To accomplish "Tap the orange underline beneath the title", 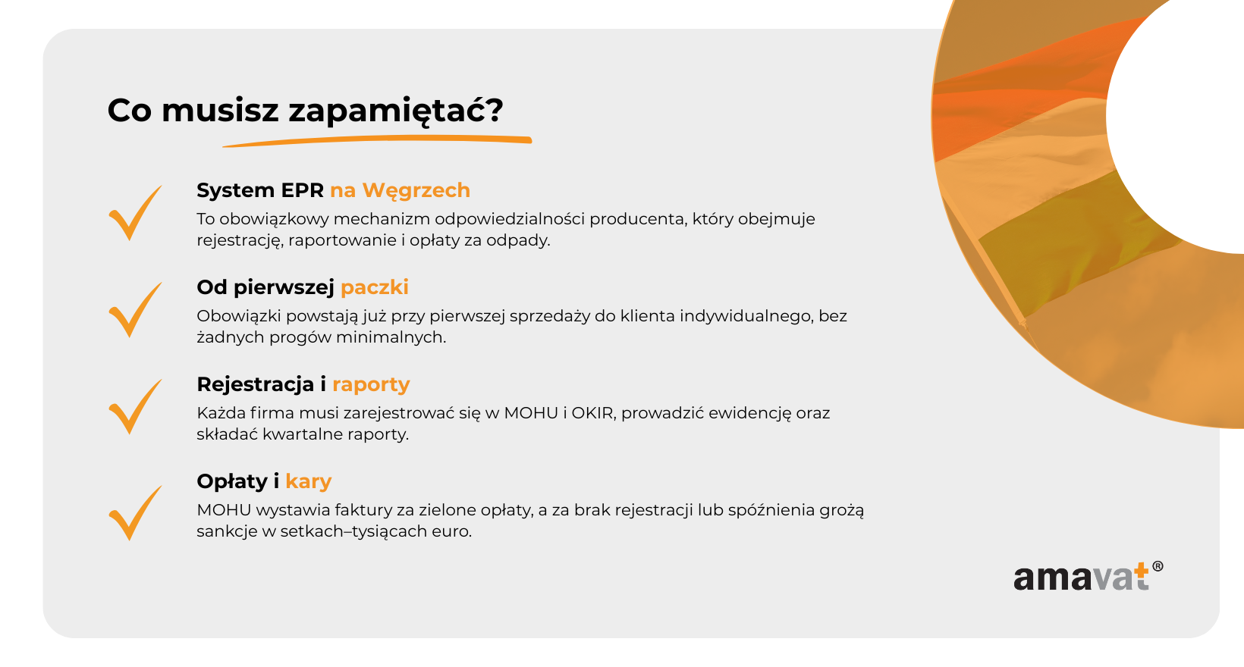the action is (377, 141).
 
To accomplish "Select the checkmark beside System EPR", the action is (135, 212).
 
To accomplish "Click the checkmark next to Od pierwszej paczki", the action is (135, 310).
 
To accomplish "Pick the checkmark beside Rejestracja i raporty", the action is (135, 407).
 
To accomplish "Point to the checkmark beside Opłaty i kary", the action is (135, 512).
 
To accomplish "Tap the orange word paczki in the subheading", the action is (374, 288).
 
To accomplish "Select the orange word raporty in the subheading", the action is (371, 385).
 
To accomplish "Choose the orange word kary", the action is (308, 481).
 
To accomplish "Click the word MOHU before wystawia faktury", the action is (224, 510).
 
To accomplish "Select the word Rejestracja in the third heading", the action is (256, 385).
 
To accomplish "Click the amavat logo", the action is (1088, 577).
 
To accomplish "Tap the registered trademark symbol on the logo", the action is (1158, 566).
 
